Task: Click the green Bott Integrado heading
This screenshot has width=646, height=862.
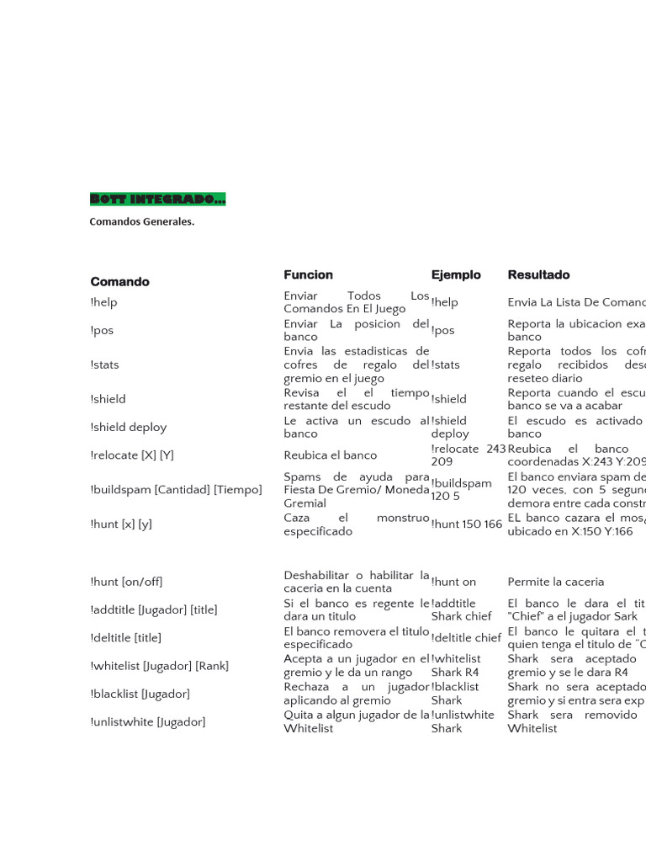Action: coord(157,200)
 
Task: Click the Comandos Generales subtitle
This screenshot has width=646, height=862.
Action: coord(142,222)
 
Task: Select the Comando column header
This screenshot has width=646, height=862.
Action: coord(119,282)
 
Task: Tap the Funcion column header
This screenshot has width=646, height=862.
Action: coord(308,275)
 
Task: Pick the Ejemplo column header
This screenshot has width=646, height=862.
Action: coord(456,275)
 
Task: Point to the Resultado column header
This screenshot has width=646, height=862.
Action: coord(538,275)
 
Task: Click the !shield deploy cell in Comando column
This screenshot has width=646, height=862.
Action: coord(128,428)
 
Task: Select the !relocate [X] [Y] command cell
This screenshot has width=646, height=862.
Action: coord(131,455)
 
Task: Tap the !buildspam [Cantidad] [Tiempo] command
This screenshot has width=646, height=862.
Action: coord(176,490)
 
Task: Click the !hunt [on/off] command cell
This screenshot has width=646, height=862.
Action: coord(126,582)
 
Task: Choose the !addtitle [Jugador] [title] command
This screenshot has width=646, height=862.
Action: coord(153,610)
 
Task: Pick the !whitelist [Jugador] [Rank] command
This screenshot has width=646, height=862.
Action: coord(159,666)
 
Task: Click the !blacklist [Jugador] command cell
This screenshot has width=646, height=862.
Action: coord(140,694)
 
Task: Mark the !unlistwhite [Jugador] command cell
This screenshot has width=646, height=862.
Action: coord(147,722)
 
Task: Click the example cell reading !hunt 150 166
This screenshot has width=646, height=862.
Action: coord(466,524)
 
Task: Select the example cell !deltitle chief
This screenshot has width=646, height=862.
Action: coord(466,638)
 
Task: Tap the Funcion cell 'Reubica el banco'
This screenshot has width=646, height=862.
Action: coord(331,455)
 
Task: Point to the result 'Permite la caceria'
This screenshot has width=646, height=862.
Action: coord(556,582)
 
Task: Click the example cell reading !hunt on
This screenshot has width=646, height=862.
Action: coord(453,582)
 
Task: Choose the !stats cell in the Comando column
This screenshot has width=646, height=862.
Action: coord(104,365)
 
